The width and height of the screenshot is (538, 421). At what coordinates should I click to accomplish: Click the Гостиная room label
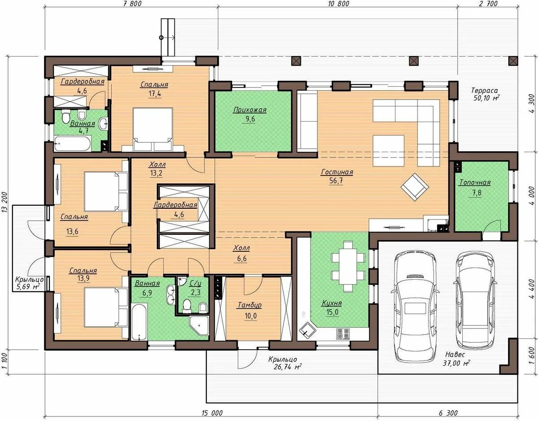[x=337, y=172]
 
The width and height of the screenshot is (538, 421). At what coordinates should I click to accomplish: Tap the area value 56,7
[x=336, y=180]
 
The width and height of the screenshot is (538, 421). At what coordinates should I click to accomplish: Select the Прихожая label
[x=250, y=110]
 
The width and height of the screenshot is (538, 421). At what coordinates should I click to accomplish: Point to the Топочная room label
[x=475, y=182]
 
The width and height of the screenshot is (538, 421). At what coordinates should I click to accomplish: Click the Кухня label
[x=332, y=303]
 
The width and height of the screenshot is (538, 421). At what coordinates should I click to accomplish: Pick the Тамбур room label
[x=250, y=305]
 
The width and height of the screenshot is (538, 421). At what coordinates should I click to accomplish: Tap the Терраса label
[x=484, y=90]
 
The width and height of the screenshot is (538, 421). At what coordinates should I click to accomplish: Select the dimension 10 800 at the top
[x=338, y=4]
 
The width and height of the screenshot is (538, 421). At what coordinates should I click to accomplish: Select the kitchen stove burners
[x=343, y=334]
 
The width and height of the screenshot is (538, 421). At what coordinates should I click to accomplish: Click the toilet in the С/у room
[x=187, y=306]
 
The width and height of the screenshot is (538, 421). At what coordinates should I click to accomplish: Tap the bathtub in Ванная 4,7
[x=72, y=143]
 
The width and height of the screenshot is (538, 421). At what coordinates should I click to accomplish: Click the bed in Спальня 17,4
[x=153, y=129]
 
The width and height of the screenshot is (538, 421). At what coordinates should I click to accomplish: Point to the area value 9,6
[x=250, y=119]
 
